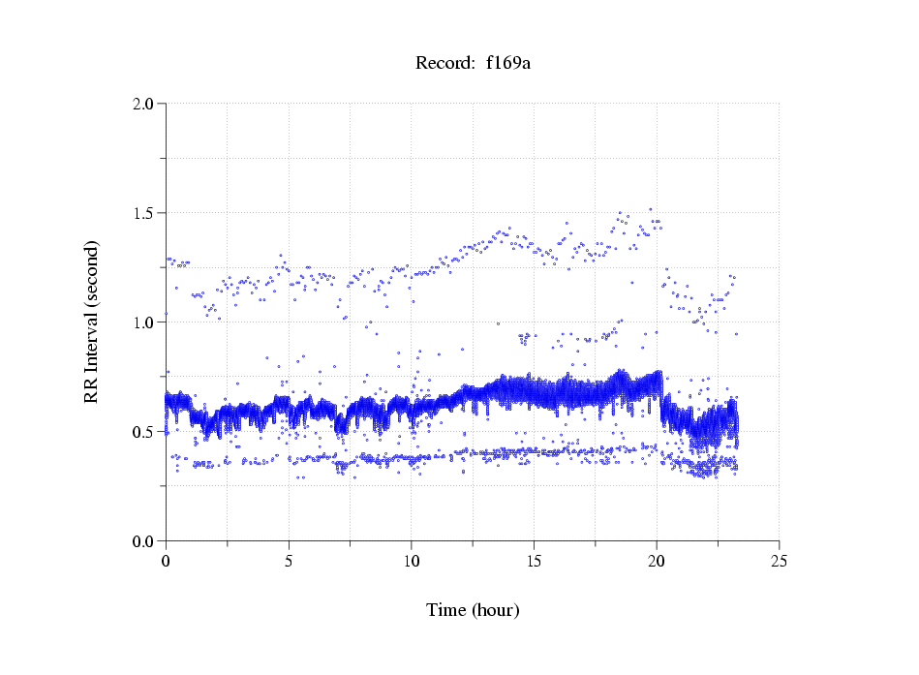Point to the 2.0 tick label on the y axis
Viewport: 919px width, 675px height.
pos(143,104)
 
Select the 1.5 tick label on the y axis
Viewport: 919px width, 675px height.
pos(143,213)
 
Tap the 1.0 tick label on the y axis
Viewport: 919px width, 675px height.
pos(143,322)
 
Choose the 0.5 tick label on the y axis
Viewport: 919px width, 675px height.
pos(143,432)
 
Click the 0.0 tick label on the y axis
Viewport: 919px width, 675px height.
pos(143,541)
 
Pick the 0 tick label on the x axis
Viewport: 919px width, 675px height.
pos(166,560)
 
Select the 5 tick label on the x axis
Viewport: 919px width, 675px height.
pos(289,560)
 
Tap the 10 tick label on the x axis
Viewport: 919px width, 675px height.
pos(412,560)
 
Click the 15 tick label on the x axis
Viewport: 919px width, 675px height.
pos(534,560)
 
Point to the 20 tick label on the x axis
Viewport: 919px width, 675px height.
pos(657,560)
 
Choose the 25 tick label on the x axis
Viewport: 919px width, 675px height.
pos(780,560)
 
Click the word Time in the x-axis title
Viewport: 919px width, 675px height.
pos(446,610)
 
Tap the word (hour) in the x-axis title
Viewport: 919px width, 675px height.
pos(496,610)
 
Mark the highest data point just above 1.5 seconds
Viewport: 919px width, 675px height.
pos(650,209)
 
